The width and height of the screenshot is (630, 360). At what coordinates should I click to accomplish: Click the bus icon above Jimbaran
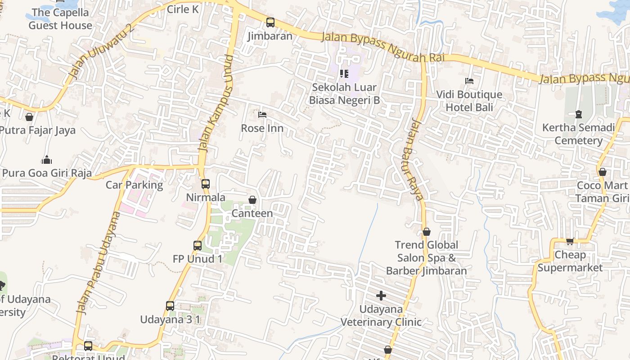270,22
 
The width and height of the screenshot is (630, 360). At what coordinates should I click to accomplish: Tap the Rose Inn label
262,128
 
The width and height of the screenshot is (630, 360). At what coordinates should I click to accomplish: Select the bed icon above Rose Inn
262,115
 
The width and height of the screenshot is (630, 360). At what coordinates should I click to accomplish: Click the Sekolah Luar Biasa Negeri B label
344,94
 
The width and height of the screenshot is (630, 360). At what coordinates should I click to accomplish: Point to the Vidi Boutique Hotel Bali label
469,101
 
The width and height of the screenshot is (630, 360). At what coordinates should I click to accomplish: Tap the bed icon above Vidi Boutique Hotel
469,81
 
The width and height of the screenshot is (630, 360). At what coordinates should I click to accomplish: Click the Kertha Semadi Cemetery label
578,134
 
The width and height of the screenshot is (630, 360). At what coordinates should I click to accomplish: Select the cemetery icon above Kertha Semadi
578,114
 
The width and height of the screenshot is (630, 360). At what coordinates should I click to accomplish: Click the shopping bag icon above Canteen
252,199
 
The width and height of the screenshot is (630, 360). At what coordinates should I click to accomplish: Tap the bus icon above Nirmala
206,184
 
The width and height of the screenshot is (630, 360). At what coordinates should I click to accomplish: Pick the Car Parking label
134,185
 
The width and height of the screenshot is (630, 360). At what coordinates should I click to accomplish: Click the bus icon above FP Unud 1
198,245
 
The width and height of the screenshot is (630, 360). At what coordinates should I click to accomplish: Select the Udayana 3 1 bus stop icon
170,306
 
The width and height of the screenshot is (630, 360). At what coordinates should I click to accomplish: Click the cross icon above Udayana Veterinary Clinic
381,295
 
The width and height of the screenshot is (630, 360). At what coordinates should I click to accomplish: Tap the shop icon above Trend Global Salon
426,232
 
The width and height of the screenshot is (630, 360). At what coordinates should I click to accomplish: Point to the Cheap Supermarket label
570,261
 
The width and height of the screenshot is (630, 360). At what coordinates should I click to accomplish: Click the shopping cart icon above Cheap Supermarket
570,241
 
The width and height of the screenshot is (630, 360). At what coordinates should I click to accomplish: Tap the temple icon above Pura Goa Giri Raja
46,160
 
